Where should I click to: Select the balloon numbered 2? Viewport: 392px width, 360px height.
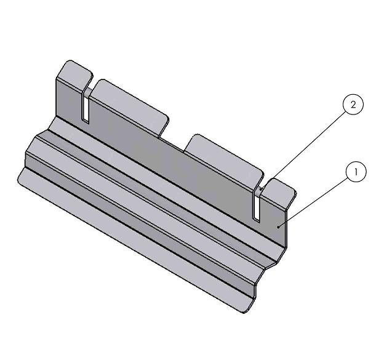[x=353, y=105]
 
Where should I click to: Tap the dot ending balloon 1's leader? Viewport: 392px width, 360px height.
[x=280, y=226]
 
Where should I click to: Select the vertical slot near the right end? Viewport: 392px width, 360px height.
[x=255, y=206]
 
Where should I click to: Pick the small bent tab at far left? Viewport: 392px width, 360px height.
[x=73, y=73]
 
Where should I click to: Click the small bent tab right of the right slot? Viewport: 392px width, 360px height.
[x=281, y=191]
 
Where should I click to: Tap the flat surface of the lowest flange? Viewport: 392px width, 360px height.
[x=123, y=240]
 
